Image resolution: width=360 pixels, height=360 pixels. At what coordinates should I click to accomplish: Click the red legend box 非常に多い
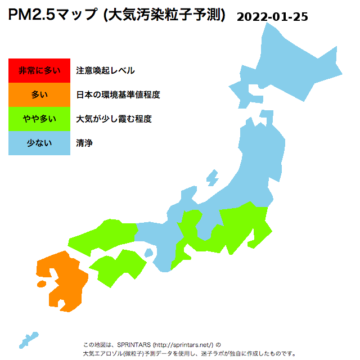(x=39, y=70)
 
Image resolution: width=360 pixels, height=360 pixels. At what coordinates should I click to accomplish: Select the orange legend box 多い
(x=39, y=94)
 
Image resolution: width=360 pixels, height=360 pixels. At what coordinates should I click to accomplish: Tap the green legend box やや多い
(x=39, y=119)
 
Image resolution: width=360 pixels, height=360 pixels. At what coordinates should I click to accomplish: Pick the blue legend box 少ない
(x=39, y=143)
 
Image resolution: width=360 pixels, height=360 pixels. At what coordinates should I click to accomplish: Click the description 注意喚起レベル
(x=105, y=70)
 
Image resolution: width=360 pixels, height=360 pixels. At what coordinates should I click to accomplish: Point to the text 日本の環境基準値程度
(x=118, y=94)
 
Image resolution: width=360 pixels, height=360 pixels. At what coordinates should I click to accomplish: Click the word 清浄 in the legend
(x=84, y=143)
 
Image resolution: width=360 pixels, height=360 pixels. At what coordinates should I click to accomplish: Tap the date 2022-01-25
(x=272, y=16)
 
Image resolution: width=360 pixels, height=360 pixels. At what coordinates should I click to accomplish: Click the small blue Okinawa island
(x=28, y=340)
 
